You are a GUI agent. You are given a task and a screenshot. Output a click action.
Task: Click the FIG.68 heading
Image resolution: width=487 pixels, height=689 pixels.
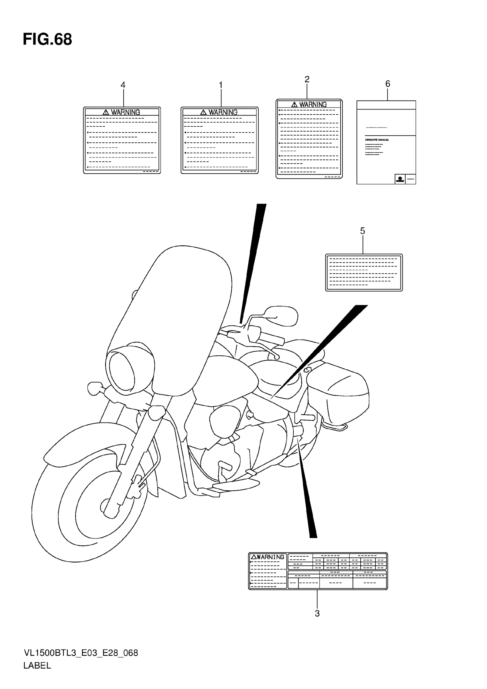(x=47, y=40)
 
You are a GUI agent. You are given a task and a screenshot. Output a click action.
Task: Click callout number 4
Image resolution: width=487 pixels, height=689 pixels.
(x=123, y=85)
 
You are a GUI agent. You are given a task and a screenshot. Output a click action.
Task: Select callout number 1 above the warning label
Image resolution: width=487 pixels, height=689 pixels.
(x=221, y=85)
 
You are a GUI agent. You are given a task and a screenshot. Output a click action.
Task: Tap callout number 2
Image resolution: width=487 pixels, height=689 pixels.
(x=307, y=79)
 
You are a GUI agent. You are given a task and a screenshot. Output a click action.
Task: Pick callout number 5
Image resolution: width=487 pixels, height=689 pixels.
(x=362, y=231)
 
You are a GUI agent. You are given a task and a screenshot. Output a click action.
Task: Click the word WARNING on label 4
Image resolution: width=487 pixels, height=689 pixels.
(x=125, y=112)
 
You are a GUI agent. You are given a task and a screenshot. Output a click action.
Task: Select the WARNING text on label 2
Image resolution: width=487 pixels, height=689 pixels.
(x=313, y=104)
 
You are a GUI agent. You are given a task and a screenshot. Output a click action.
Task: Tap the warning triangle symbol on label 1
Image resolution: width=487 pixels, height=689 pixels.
(x=204, y=112)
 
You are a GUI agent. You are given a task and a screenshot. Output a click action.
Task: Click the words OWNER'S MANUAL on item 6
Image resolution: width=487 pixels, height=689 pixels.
(x=377, y=140)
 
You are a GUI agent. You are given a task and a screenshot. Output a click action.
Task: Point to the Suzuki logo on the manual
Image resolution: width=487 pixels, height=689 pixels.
(x=400, y=179)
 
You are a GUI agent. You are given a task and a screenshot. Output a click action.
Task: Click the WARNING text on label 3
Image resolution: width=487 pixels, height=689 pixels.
(x=270, y=557)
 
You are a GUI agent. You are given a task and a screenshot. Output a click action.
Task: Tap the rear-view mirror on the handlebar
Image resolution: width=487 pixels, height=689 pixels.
(x=282, y=316)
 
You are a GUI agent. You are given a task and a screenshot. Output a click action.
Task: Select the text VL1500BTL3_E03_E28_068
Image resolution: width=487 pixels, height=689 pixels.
(x=81, y=653)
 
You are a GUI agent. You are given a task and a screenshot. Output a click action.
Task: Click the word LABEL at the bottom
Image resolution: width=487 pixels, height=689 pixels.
(x=37, y=665)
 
